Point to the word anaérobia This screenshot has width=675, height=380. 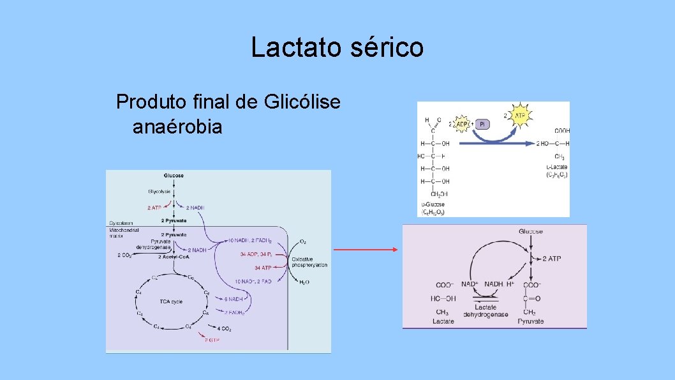point(177,126)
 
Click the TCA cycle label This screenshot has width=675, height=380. point(172,301)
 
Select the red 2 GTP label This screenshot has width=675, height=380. point(212,340)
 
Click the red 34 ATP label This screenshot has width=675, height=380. point(263,268)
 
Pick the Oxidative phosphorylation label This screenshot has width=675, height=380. point(309,262)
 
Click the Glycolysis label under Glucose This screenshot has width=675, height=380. point(160,191)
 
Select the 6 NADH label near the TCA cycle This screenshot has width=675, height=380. point(234,299)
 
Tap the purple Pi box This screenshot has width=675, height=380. point(482,123)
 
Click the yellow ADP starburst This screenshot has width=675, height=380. point(464,123)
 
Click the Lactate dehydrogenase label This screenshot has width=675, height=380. point(486,311)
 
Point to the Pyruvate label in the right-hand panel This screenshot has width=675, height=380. point(530,321)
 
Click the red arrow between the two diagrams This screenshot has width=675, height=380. point(366,250)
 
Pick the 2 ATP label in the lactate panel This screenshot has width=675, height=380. point(551,258)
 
